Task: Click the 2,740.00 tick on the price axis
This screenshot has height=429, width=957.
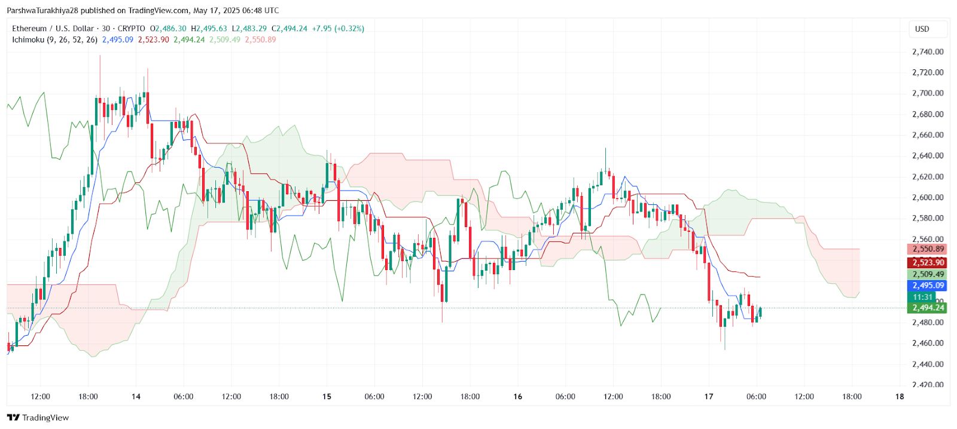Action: (928, 52)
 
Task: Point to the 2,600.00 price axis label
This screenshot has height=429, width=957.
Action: (928, 198)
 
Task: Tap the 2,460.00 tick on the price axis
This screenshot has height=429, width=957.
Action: (928, 344)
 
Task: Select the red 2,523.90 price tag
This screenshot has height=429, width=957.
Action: (928, 263)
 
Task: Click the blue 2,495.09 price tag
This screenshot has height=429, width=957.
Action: (928, 286)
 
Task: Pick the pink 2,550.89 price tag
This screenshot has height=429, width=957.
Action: (928, 249)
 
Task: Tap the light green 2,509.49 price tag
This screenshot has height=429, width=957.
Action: (928, 274)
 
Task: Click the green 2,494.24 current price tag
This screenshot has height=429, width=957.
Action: (928, 308)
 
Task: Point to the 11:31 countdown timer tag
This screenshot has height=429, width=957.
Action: (923, 297)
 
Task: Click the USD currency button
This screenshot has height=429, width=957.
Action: (922, 29)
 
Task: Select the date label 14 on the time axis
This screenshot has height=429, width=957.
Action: (136, 397)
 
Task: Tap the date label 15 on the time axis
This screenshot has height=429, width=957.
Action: (327, 397)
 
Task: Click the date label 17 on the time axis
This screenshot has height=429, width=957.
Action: (709, 397)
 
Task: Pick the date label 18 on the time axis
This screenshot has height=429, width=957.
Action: (900, 397)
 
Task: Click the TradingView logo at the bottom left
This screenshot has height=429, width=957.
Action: (38, 418)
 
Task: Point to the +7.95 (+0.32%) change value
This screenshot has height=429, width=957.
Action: (338, 29)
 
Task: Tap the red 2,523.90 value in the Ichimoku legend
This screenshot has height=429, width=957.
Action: (153, 40)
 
